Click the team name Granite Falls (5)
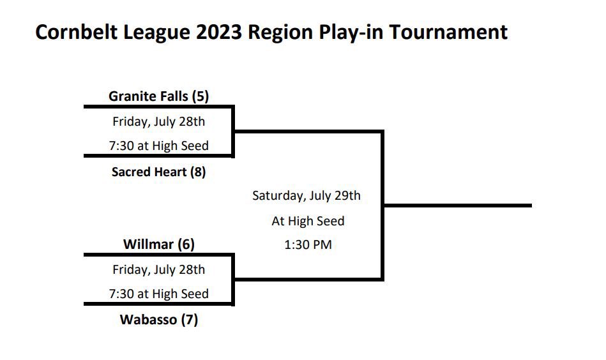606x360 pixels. pyautogui.click(x=158, y=96)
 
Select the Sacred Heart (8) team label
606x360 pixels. pyautogui.click(x=158, y=172)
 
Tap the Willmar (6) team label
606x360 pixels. pyautogui.click(x=158, y=244)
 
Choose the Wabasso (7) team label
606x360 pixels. pyautogui.click(x=158, y=320)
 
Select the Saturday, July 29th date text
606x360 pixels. pyautogui.click(x=307, y=196)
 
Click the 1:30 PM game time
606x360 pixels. pyautogui.click(x=308, y=244)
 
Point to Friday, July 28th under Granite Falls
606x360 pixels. pyautogui.click(x=158, y=121)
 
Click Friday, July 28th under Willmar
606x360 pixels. pyautogui.click(x=158, y=269)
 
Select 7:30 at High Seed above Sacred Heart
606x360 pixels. pyautogui.click(x=158, y=146)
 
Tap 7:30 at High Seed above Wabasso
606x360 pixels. pyautogui.click(x=158, y=294)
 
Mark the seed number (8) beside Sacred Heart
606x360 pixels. pyautogui.click(x=198, y=172)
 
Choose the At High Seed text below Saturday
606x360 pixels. pyautogui.click(x=308, y=221)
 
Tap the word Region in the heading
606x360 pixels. pyautogui.click(x=276, y=32)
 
